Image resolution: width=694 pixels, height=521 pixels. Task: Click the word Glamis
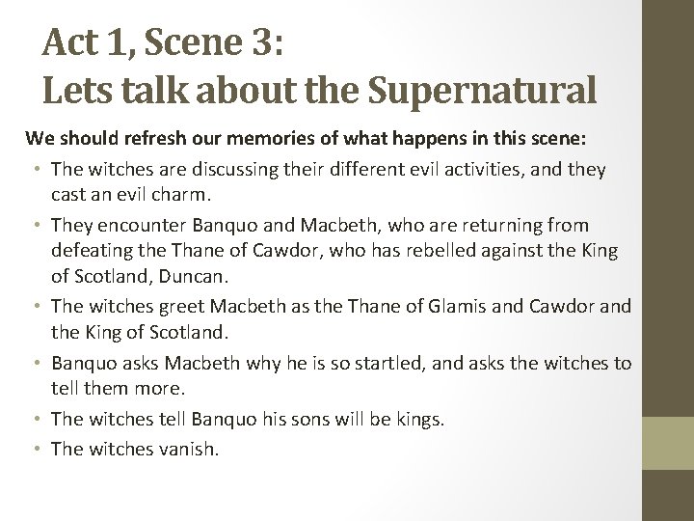coord(473,307)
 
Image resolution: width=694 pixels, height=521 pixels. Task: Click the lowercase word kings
coord(417,419)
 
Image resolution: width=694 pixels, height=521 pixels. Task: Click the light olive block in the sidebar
coord(669,443)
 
